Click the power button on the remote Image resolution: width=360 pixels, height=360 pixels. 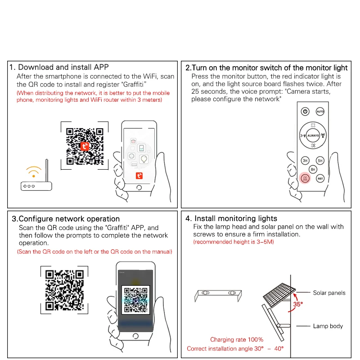305,111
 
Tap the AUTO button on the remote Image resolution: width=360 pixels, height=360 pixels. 320,111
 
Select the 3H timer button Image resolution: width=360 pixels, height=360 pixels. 305,160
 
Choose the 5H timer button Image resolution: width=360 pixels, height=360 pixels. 320,160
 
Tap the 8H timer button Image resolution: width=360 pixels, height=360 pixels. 313,169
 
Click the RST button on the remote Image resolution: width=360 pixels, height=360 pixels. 320,179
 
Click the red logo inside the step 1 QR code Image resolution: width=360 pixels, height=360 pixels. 85,146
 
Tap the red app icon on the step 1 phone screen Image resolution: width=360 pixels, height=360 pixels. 139,176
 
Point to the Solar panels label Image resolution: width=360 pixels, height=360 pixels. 329,293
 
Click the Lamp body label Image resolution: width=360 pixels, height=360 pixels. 328,326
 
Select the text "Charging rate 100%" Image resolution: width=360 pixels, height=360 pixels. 237,340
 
